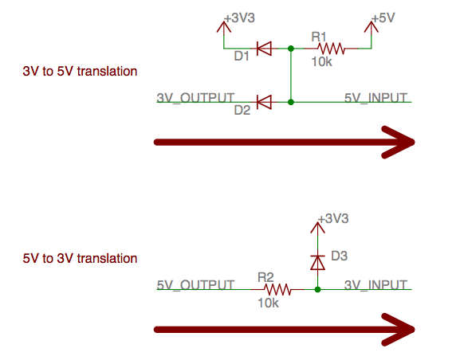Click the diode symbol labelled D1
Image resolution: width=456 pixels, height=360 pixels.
pyautogui.click(x=265, y=49)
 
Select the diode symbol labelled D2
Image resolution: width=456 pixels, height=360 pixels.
pyautogui.click(x=265, y=102)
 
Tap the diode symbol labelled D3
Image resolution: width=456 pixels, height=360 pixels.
pyautogui.click(x=317, y=263)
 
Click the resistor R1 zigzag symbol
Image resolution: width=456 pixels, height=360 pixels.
pyautogui.click(x=331, y=49)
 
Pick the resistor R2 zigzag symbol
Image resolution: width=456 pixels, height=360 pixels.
pyautogui.click(x=277, y=289)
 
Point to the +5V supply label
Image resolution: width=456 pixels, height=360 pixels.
pyautogui.click(x=383, y=18)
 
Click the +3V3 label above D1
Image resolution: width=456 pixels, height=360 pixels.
pyautogui.click(x=240, y=18)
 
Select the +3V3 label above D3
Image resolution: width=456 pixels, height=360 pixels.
pyautogui.click(x=333, y=218)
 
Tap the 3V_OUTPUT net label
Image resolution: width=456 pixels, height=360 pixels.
pyautogui.click(x=195, y=98)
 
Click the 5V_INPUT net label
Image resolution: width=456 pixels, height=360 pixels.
pyautogui.click(x=375, y=98)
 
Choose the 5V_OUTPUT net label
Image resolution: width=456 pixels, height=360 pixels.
pyautogui.click(x=195, y=285)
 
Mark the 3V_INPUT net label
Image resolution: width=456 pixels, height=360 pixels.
pyautogui.click(x=375, y=285)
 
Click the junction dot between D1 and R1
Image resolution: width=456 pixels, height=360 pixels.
pyautogui.click(x=291, y=49)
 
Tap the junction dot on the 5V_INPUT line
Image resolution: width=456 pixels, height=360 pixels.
pyautogui.click(x=291, y=102)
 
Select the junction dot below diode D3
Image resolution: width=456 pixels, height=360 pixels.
pyautogui.click(x=317, y=289)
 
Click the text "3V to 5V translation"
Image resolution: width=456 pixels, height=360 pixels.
pyautogui.click(x=80, y=71)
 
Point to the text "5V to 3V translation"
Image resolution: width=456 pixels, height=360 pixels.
pyautogui.click(x=80, y=258)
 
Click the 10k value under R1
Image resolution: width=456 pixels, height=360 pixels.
pyautogui.click(x=321, y=61)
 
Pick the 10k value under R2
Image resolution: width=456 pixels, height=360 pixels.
pyautogui.click(x=268, y=303)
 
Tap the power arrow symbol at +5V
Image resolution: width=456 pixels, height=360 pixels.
pyautogui.click(x=371, y=27)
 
